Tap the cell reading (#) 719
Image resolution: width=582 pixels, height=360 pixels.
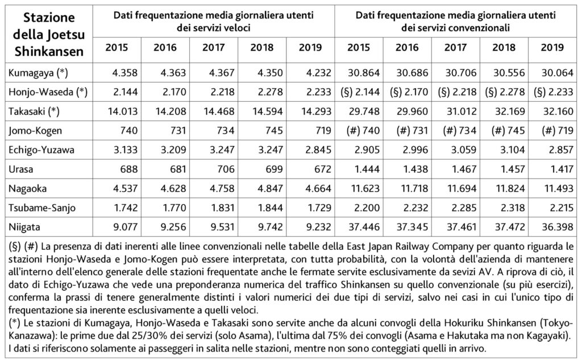pyautogui.click(x=552, y=131)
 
